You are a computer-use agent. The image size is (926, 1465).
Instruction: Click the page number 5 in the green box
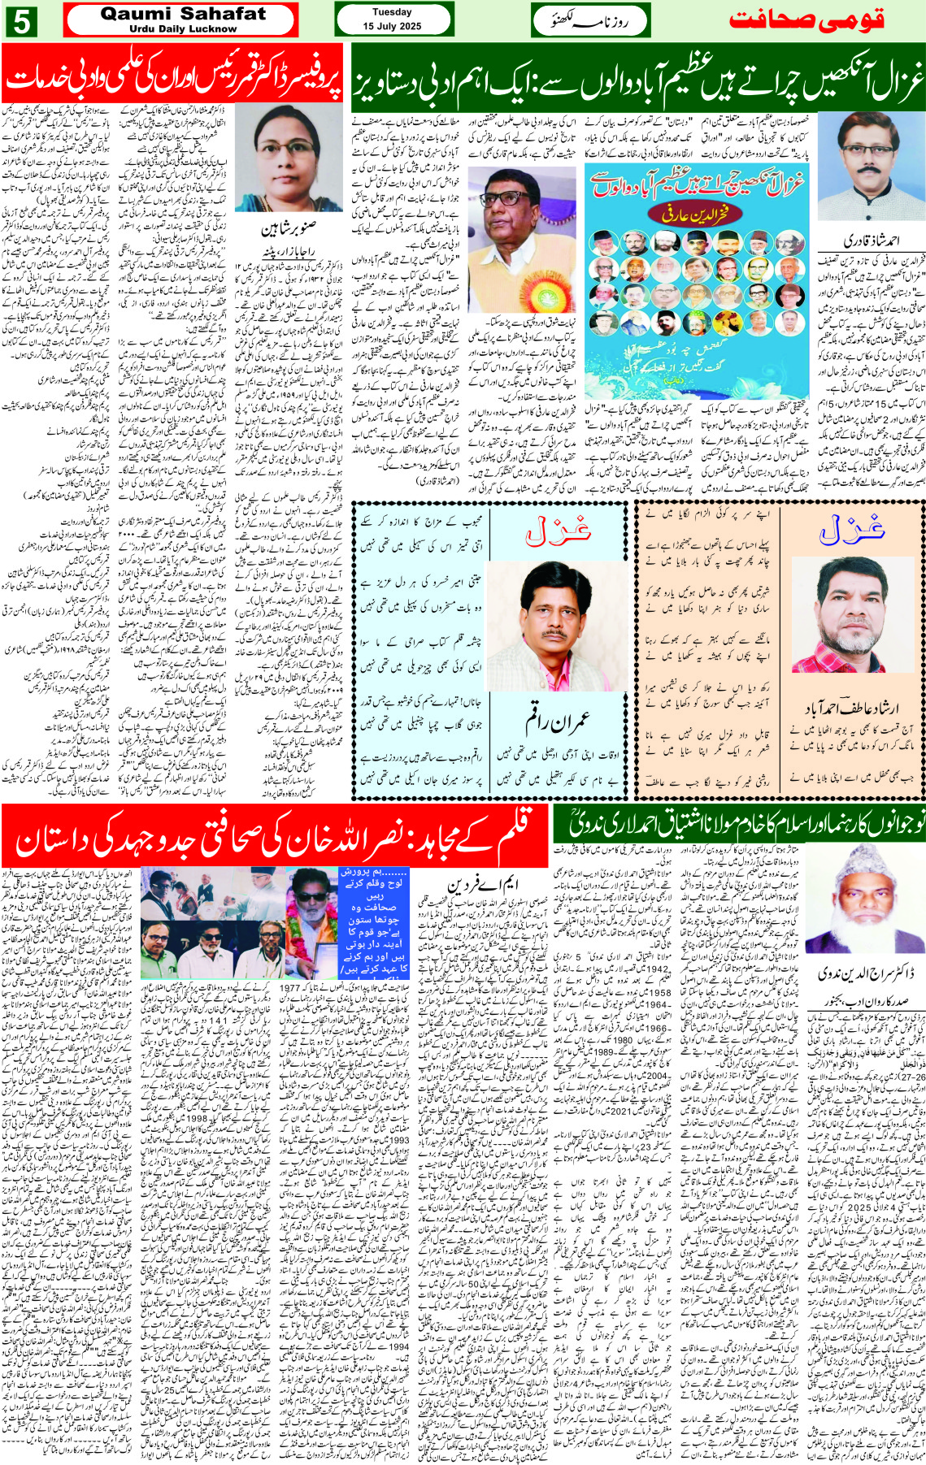pyautogui.click(x=22, y=21)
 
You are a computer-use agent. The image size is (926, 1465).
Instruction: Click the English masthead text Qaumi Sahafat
pyautogui.click(x=182, y=13)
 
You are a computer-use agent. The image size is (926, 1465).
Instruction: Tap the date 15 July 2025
pyautogui.click(x=392, y=26)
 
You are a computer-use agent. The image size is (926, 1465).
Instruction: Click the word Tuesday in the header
pyautogui.click(x=392, y=12)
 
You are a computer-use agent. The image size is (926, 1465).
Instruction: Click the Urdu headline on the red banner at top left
pyautogui.click(x=172, y=79)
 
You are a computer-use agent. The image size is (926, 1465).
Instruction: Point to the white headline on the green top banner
pyautogui.click(x=638, y=79)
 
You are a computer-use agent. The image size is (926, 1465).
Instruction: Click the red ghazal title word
pyautogui.click(x=557, y=531)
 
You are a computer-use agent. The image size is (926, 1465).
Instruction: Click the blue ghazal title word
pyautogui.click(x=851, y=530)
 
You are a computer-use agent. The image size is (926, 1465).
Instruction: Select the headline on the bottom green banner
pyautogui.click(x=738, y=824)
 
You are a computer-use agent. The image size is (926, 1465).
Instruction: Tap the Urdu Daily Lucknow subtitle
pyautogui.click(x=182, y=28)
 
